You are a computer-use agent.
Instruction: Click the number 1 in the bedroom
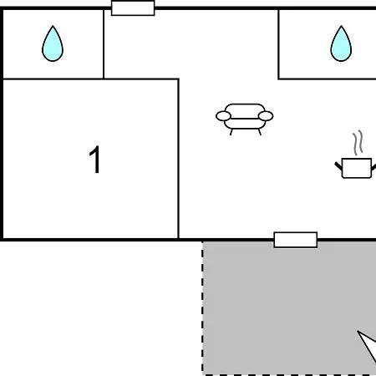coord(94,160)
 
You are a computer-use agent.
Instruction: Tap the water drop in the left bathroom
coord(53,43)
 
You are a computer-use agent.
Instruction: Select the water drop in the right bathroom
coord(341,43)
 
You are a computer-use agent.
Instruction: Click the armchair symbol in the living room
coord(245,119)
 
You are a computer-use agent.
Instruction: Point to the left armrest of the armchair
coord(223,116)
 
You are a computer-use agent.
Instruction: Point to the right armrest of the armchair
coord(266,116)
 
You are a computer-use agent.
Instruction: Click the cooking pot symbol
coord(356,168)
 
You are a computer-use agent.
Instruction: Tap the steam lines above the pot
coord(358,143)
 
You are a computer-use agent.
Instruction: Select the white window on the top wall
coord(133,8)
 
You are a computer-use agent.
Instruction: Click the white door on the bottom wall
coord(296,240)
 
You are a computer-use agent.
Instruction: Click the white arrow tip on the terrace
coord(358,331)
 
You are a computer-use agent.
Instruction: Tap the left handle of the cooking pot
coord(338,165)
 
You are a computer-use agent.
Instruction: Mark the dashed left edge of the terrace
coord(202,307)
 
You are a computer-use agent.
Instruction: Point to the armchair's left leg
coord(231,132)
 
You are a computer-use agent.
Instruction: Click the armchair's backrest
coord(245,109)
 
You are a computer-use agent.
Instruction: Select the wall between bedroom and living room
coord(179,159)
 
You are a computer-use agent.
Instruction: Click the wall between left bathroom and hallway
coord(104,44)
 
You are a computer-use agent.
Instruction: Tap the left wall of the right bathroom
coord(278,44)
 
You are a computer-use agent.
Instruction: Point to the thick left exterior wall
coord(2,124)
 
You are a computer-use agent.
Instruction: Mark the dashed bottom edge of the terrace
coord(290,374)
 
